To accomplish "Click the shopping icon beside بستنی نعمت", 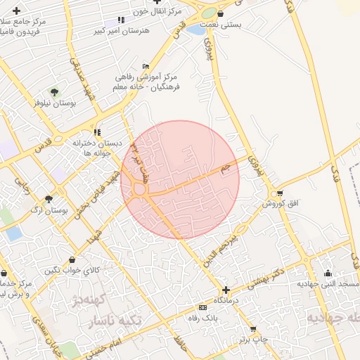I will (221, 13).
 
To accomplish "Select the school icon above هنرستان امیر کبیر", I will (121, 20).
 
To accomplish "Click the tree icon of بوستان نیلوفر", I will (54, 91).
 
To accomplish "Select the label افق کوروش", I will (281, 203).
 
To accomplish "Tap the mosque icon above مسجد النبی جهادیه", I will (327, 274).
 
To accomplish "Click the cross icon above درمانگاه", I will (225, 290).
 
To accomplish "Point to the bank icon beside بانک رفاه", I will (203, 308).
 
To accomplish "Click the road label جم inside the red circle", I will (225, 169).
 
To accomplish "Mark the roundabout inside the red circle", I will (139, 188).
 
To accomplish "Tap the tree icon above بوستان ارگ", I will (48, 200).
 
